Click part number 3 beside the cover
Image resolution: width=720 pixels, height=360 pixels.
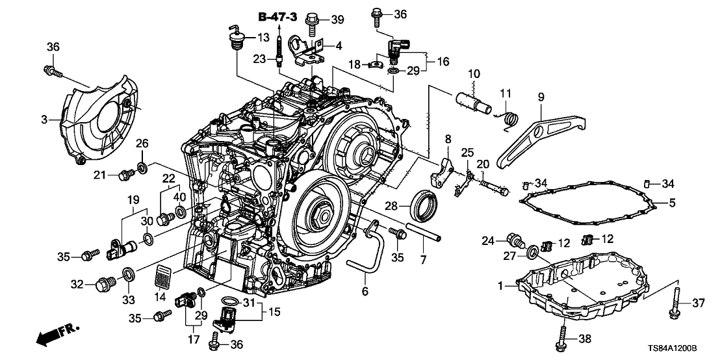coord(45,120)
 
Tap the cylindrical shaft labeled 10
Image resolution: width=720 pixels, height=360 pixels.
coord(476,100)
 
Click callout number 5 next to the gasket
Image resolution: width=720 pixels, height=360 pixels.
coord(673,203)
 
